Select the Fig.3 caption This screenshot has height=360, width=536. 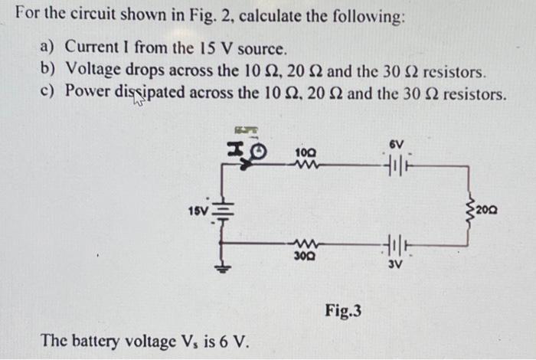pyautogui.click(x=343, y=311)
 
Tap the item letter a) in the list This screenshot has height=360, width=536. pyautogui.click(x=47, y=47)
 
